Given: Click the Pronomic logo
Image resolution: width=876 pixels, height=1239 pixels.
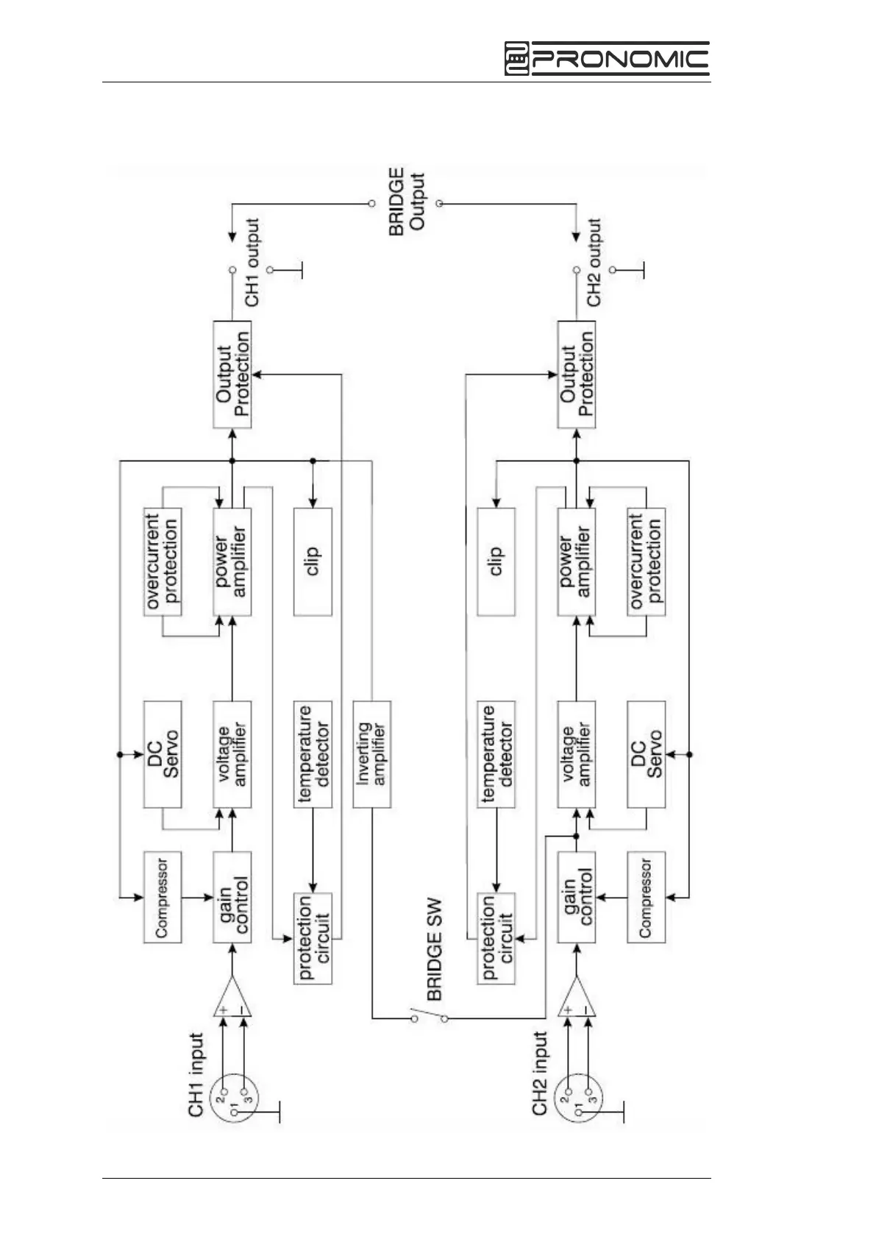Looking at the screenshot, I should (606, 59).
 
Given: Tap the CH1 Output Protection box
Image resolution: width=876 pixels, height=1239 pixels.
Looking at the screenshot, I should (232, 374).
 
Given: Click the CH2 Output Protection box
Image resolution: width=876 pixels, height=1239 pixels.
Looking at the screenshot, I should (577, 374).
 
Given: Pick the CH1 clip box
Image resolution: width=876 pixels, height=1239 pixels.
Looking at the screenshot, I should (313, 561).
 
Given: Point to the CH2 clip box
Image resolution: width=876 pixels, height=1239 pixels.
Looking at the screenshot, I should (496, 561).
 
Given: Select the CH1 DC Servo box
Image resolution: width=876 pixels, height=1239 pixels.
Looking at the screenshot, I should (162, 754).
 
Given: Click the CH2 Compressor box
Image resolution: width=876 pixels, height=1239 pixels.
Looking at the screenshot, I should (646, 897).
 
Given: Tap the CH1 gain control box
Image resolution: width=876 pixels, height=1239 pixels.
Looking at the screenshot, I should (232, 897).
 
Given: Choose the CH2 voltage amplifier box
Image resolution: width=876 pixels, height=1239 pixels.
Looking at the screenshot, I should (577, 754).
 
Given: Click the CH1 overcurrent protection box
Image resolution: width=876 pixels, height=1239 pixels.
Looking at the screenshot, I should (162, 561).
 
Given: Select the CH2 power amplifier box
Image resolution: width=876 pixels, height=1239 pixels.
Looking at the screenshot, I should (577, 561).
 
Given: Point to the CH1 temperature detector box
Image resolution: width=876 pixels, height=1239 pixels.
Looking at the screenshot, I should (313, 754).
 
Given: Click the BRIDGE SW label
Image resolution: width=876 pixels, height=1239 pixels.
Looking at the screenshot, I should (435, 949).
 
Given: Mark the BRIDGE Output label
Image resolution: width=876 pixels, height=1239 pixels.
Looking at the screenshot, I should (407, 202).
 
